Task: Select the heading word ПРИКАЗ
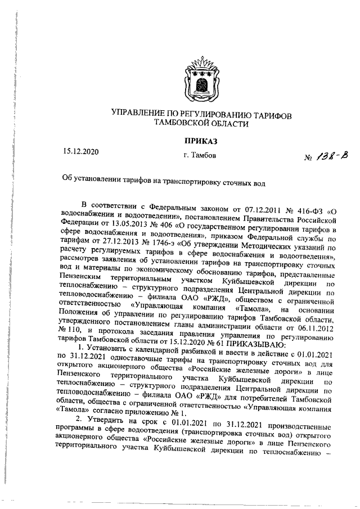pyautogui.click(x=200, y=139)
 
